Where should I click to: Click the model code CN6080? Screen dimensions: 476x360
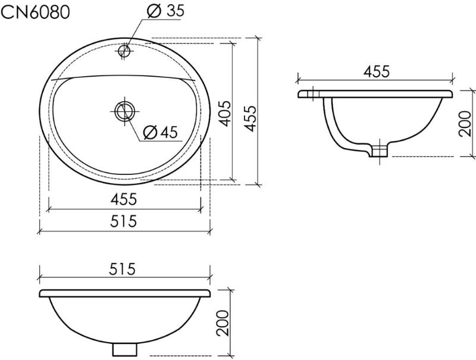(x=36, y=12)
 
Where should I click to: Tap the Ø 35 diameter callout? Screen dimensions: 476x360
(x=165, y=11)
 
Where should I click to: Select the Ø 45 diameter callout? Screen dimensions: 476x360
(x=161, y=132)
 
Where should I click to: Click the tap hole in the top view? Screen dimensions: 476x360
(x=124, y=51)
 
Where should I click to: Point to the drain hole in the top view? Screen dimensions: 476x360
(x=124, y=111)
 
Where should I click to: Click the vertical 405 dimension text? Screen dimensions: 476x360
(x=226, y=113)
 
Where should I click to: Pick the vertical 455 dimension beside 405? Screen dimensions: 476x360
(x=250, y=118)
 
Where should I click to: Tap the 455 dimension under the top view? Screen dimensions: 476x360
(x=124, y=199)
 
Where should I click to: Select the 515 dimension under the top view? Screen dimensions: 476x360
(x=124, y=221)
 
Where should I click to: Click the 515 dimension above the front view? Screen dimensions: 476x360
(x=123, y=269)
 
